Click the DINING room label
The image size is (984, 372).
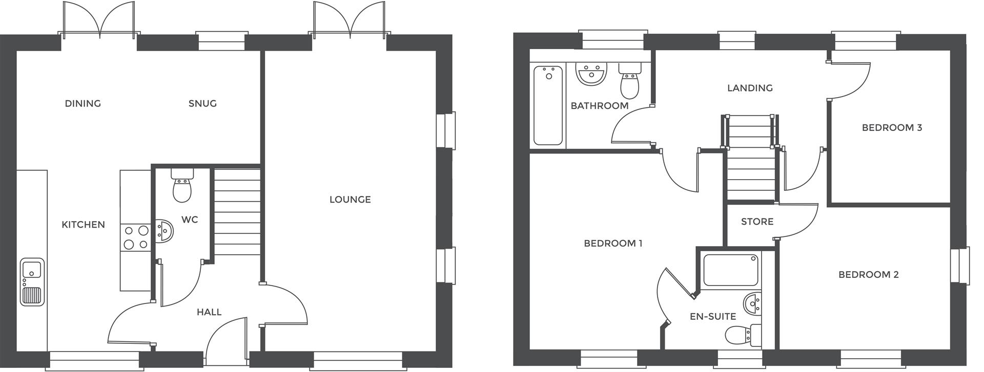click(x=83, y=103)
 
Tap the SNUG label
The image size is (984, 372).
click(x=202, y=103)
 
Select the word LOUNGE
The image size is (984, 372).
click(x=350, y=200)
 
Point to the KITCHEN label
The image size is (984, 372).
click(x=83, y=225)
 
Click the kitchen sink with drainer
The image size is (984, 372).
click(x=32, y=282)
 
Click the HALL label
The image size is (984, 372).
click(x=209, y=312)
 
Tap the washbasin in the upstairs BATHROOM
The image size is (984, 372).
click(x=592, y=74)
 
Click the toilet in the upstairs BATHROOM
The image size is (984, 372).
click(x=629, y=82)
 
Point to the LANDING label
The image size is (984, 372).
click(x=750, y=88)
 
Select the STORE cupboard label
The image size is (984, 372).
click(x=757, y=222)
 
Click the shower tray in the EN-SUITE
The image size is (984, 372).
click(x=730, y=270)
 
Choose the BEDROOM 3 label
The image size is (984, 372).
click(x=892, y=127)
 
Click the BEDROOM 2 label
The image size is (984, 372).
click(x=868, y=275)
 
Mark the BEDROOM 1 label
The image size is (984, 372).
click(x=613, y=244)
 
